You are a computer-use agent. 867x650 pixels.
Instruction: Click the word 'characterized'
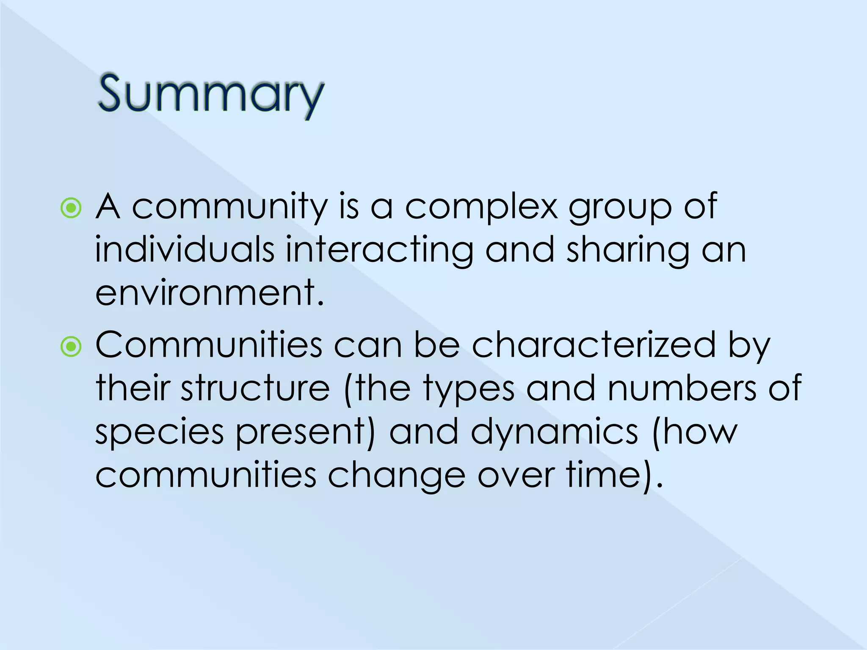click(x=593, y=345)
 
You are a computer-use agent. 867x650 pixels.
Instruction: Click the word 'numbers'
click(x=682, y=388)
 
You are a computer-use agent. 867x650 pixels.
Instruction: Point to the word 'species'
click(x=159, y=432)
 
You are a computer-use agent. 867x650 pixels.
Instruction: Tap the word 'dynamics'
click(x=554, y=432)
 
